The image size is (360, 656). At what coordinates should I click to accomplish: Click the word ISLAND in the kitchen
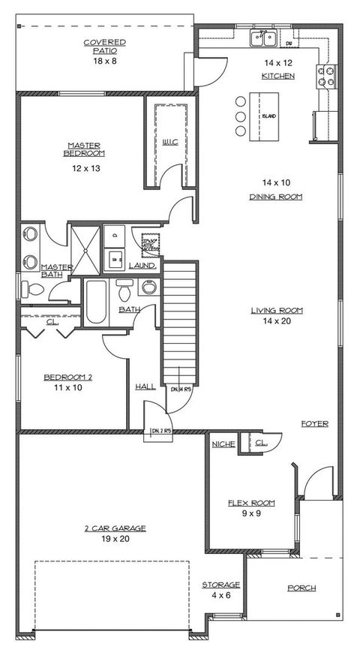point(268,116)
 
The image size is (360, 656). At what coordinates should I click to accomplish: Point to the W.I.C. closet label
point(169,141)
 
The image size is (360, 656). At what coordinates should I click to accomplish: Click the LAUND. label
point(142,266)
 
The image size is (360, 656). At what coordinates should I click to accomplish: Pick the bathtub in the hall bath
point(95,302)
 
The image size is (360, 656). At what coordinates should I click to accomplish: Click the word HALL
point(145,386)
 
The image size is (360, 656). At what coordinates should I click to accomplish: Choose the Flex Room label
point(251,503)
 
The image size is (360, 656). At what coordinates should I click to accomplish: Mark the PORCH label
point(301,588)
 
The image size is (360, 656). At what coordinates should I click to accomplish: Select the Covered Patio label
point(104,47)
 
